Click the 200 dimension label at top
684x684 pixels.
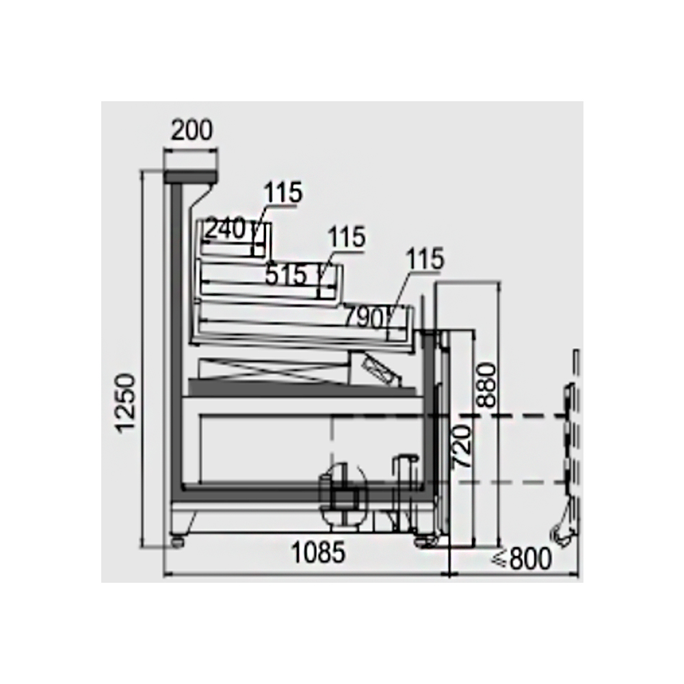click(192, 130)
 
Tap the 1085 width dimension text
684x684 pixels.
click(318, 552)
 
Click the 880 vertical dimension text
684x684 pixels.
click(487, 385)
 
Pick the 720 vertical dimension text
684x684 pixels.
click(462, 447)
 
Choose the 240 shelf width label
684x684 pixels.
click(226, 228)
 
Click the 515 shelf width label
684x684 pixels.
click(286, 275)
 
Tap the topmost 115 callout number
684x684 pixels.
click(283, 192)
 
